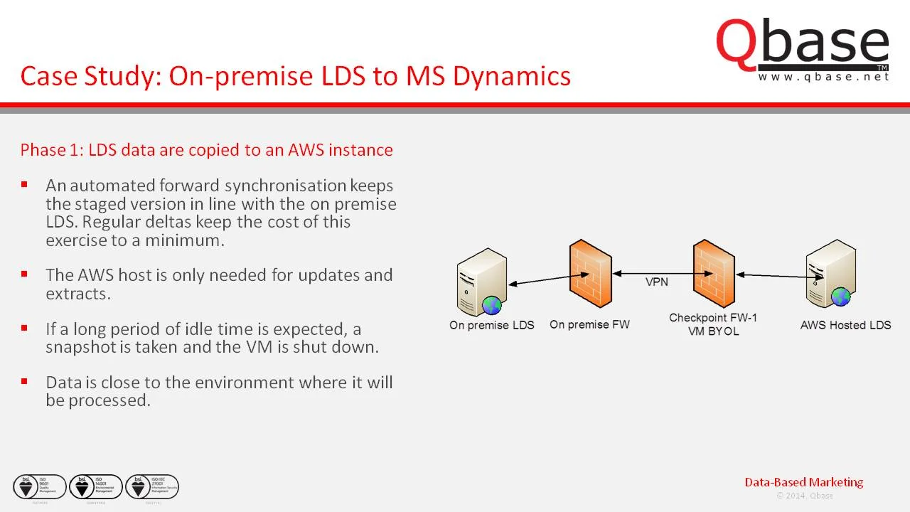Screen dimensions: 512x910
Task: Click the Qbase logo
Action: [x=802, y=44]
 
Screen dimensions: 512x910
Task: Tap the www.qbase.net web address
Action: [x=823, y=77]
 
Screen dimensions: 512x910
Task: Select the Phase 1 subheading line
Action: [x=206, y=150]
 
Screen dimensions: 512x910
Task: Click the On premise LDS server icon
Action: [x=483, y=282]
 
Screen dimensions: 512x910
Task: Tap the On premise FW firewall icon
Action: [x=590, y=274]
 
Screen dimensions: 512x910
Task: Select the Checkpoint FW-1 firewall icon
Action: [x=714, y=274]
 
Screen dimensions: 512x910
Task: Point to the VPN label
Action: [x=656, y=282]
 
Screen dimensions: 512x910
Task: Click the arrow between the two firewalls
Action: [x=652, y=272]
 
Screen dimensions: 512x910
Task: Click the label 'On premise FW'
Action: [x=589, y=325]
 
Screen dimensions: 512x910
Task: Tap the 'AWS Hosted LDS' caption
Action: [x=845, y=325]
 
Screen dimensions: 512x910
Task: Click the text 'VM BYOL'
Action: [x=713, y=331]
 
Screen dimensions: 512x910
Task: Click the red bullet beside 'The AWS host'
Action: [x=25, y=274]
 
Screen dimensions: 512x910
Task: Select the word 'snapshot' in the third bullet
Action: [x=77, y=347]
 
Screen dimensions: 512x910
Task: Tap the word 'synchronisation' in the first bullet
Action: [x=285, y=186]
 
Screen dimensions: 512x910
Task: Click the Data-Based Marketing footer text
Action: [x=803, y=482]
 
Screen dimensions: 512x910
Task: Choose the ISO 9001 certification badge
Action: [x=40, y=487]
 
